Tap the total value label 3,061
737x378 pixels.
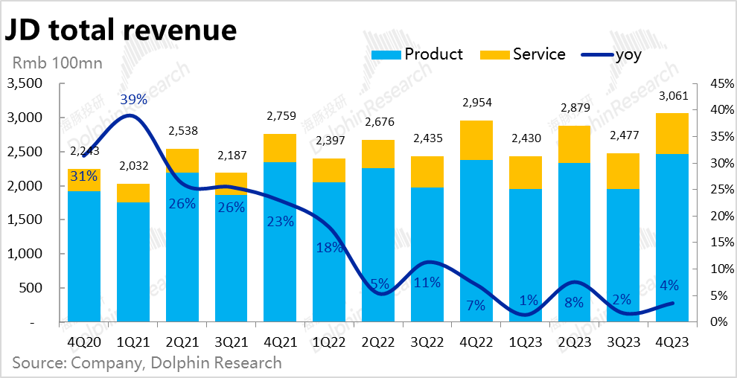pyautogui.click(x=671, y=96)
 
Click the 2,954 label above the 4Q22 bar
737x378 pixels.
pyautogui.click(x=476, y=103)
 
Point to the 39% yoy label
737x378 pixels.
pyautogui.click(x=134, y=99)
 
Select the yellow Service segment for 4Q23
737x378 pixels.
pyautogui.click(x=671, y=134)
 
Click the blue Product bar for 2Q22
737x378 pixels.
pyautogui.click(x=377, y=246)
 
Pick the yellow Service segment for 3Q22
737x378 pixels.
pyautogui.click(x=427, y=172)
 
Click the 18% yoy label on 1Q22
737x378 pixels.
pyautogui.click(x=329, y=248)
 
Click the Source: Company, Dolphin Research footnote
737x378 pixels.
pyautogui.click(x=147, y=363)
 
